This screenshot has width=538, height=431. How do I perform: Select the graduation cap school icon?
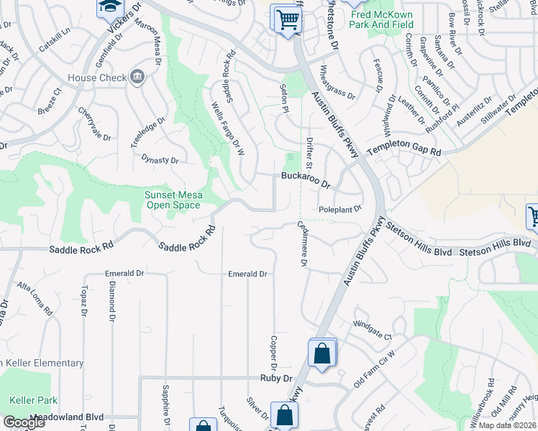coord(110,7)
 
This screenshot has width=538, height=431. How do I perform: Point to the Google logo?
coord(23,422)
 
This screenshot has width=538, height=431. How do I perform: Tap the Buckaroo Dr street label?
coord(306,179)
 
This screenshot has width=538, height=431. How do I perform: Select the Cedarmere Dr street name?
coord(303,244)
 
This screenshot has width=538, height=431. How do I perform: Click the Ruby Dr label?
coord(277,378)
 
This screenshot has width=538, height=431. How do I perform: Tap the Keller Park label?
coord(29,399)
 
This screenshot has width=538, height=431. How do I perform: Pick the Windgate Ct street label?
coord(372,330)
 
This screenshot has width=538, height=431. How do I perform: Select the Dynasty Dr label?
coord(159,159)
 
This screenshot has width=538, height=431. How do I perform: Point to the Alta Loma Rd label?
coord(35,300)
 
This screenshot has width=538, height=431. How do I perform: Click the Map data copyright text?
coord(508,425)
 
